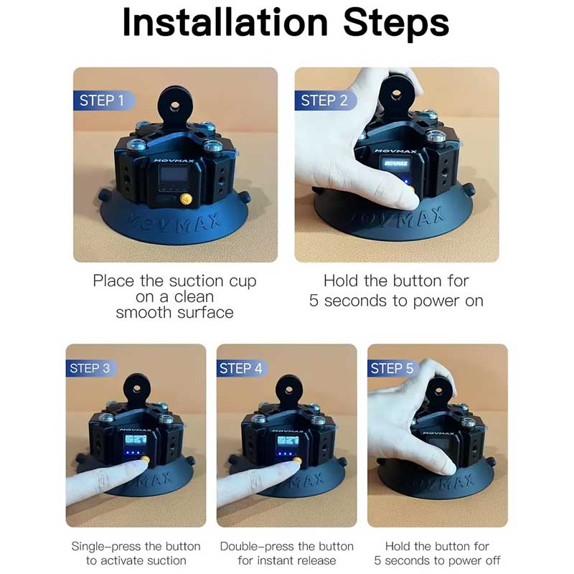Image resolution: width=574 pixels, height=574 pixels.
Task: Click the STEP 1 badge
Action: click(x=103, y=100)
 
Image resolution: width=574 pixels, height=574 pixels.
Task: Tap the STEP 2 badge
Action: click(x=325, y=100)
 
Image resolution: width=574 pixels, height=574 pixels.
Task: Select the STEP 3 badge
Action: click(x=91, y=368)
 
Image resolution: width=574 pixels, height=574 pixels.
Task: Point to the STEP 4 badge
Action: click(x=242, y=368)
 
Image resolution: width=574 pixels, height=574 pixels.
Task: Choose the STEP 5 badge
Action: click(x=392, y=368)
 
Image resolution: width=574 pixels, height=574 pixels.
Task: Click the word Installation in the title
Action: click(x=225, y=23)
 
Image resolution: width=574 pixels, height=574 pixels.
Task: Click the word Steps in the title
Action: click(x=396, y=24)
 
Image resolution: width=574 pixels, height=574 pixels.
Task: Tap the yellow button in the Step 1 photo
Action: click(x=186, y=199)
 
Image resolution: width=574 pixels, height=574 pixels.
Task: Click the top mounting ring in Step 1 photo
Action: click(x=174, y=106)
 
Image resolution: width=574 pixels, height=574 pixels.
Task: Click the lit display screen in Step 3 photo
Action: click(x=136, y=440)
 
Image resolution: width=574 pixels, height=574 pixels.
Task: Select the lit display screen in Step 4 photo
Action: click(x=288, y=440)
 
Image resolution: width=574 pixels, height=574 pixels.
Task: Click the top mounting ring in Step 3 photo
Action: click(x=136, y=389)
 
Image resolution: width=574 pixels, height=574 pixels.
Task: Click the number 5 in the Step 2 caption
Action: click(x=314, y=301)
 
